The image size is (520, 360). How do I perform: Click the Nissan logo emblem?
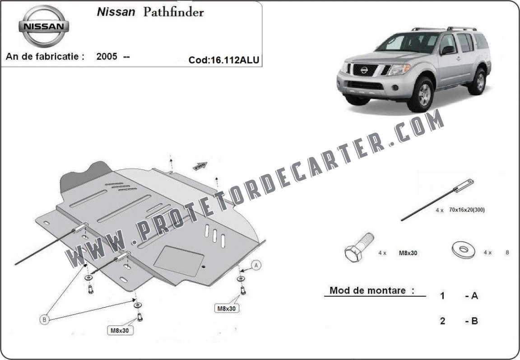tap(44, 26)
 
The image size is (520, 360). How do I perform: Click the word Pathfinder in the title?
tap(173, 12)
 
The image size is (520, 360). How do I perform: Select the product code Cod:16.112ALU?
tap(224, 60)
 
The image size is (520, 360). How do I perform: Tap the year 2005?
tap(107, 56)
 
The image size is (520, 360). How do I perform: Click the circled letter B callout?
tap(44, 319)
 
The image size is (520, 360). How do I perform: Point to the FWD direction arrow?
tap(200, 166)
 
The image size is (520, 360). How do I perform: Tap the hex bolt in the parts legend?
tap(359, 247)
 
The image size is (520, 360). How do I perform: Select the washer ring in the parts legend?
tap(463, 249)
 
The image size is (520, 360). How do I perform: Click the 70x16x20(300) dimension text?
tap(467, 210)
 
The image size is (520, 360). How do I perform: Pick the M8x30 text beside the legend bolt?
tap(408, 253)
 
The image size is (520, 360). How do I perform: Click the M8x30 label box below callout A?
tap(227, 309)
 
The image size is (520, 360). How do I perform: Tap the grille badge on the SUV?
tap(364, 70)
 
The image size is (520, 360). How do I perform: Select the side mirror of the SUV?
tap(447, 50)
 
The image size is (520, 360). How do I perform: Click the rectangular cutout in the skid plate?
tap(179, 262)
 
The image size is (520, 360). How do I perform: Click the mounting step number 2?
tap(442, 321)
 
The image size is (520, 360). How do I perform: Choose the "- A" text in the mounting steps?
tap(471, 295)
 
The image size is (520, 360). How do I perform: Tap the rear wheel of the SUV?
tap(478, 81)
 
